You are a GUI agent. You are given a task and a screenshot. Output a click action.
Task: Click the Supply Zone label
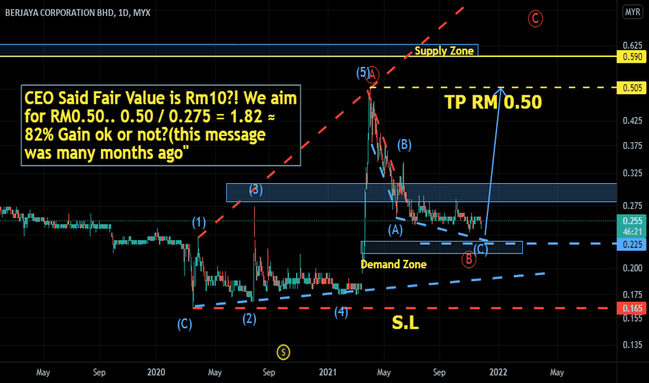point(444,51)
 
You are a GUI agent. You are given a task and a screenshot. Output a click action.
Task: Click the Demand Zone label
point(393,264)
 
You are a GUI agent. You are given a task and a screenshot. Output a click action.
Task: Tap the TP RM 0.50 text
point(493,102)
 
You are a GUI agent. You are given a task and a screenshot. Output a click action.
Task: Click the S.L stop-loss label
point(405,323)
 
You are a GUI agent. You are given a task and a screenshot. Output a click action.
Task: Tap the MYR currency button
point(632,12)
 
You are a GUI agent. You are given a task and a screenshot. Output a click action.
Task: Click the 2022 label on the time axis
point(498,372)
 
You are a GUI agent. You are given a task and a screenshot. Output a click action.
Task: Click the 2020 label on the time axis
point(156,372)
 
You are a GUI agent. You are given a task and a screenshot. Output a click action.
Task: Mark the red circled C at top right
point(535,18)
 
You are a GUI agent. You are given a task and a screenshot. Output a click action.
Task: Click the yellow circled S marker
point(283,352)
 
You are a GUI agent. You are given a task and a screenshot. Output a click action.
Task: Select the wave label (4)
point(341,312)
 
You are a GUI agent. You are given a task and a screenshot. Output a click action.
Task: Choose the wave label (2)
point(249,319)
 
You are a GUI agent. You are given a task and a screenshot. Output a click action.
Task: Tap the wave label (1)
point(200,223)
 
